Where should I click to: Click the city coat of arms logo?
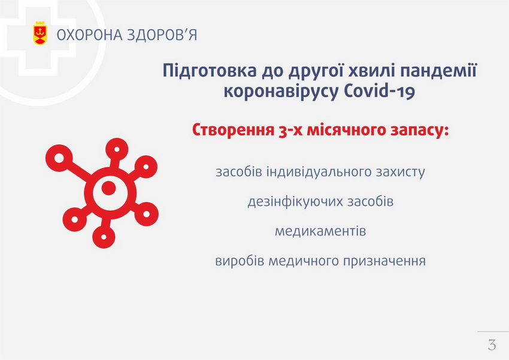pos(40,33)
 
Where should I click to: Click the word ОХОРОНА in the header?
pos(89,35)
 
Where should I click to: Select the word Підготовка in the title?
pos(210,71)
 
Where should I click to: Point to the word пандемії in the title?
pos(438,70)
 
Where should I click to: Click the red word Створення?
pos(233,130)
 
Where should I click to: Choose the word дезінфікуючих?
pos(295,202)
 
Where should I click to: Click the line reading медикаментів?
pos(320,231)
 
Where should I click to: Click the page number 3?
pos(492,344)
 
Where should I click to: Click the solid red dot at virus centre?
pos(108,188)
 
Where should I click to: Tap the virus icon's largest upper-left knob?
pos(59,158)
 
